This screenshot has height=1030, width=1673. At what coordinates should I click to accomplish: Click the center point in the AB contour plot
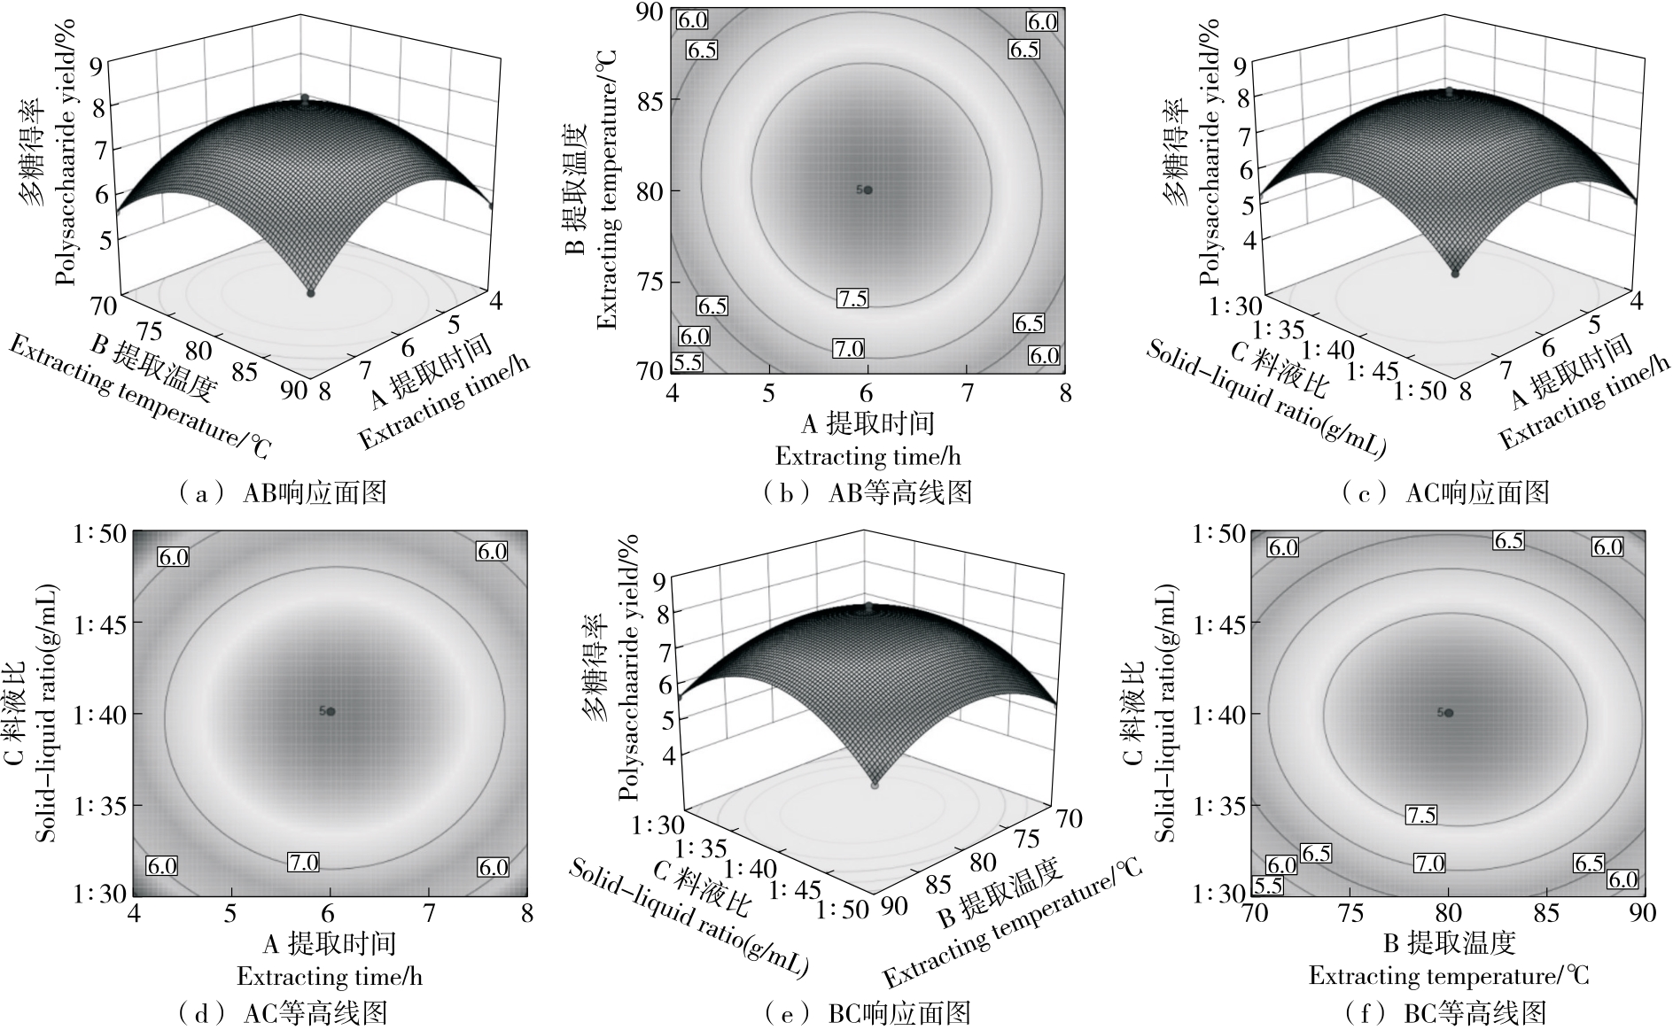click(868, 190)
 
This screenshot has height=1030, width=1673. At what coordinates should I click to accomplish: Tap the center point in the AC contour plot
click(331, 711)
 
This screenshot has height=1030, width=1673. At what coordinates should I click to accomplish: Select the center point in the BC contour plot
click(1450, 712)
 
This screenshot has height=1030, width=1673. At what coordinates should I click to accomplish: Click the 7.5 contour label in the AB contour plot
click(852, 298)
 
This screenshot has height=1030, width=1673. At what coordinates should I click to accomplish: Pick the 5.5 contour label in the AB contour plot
click(688, 361)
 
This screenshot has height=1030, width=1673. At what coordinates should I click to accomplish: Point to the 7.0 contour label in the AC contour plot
click(303, 861)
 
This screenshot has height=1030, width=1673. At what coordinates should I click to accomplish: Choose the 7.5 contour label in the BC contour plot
click(1421, 815)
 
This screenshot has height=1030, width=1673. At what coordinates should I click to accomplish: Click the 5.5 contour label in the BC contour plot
click(1268, 885)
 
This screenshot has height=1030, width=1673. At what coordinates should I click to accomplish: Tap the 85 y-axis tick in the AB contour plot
click(650, 99)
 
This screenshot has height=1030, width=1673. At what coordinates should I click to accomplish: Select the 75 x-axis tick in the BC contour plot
click(1350, 912)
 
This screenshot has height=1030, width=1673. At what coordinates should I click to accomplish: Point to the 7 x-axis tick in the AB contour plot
click(968, 392)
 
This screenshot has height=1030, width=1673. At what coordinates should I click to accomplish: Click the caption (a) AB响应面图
click(283, 492)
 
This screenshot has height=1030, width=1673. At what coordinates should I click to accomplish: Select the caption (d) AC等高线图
click(283, 1013)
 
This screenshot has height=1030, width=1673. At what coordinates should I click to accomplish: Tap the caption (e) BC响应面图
click(868, 1013)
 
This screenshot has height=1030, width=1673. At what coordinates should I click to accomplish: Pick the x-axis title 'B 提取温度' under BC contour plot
click(1450, 943)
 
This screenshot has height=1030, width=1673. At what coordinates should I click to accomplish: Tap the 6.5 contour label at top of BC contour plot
click(1508, 540)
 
